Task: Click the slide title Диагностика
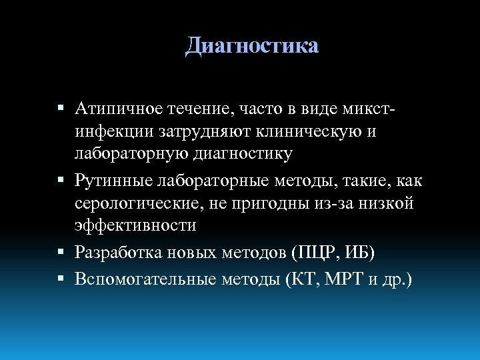[x=252, y=45]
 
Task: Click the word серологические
[x=137, y=203]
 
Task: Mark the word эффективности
[x=135, y=225]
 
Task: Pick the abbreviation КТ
[x=299, y=279]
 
